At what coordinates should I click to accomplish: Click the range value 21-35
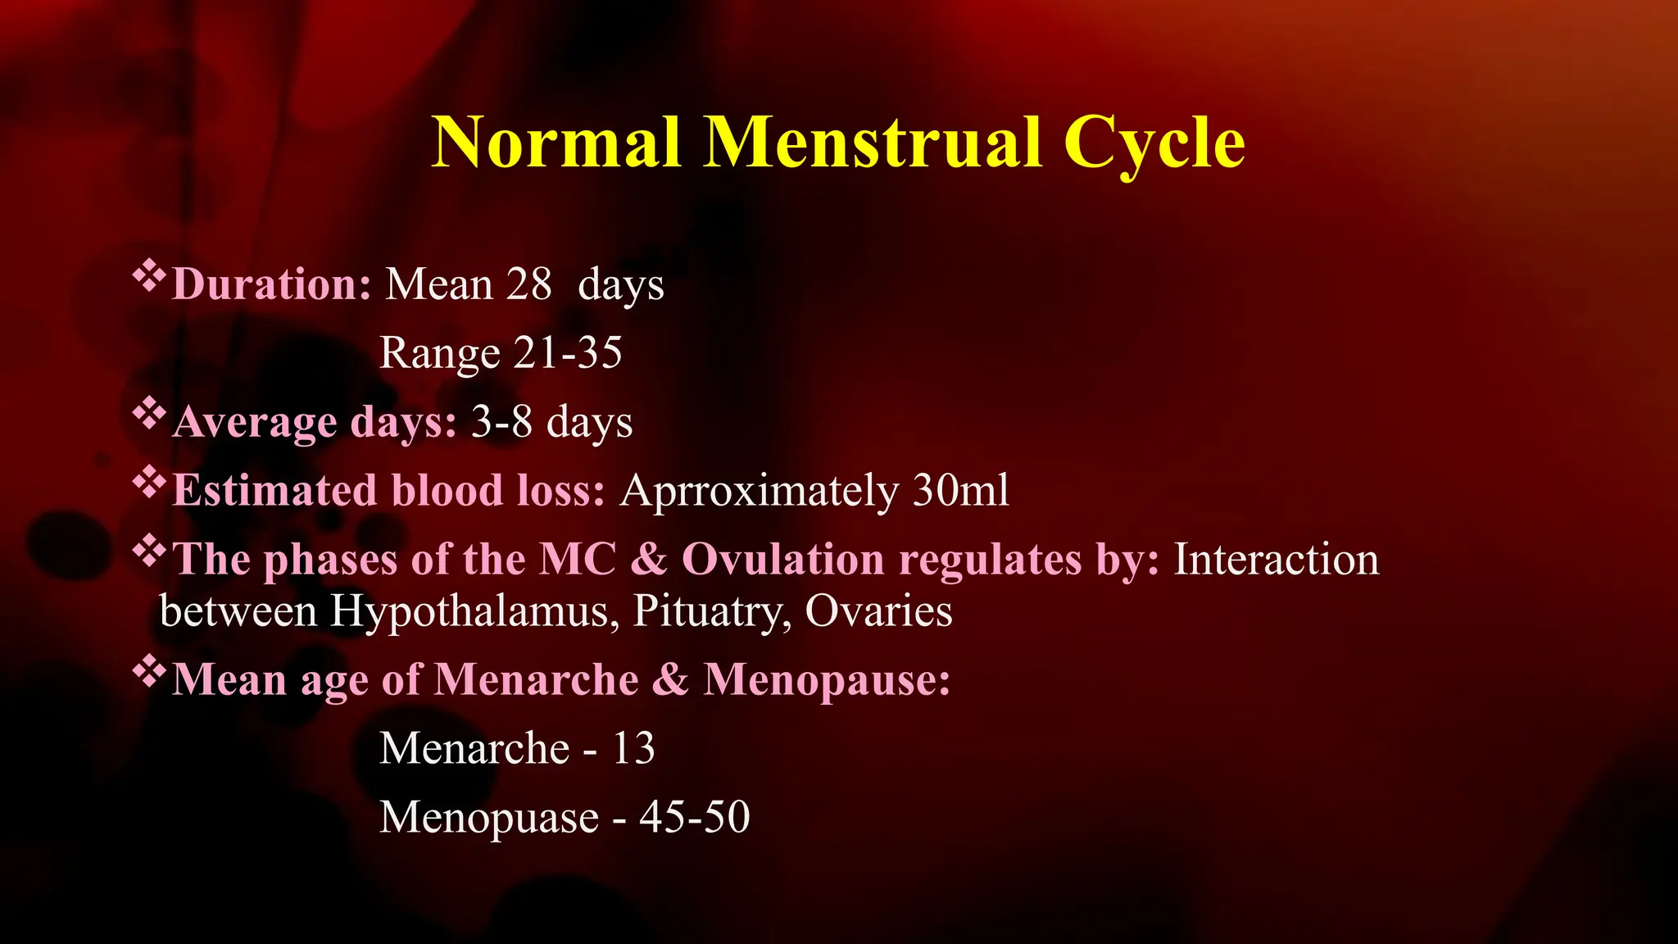(x=568, y=354)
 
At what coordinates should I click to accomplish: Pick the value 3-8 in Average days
(x=501, y=423)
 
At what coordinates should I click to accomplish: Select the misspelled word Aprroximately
(x=759, y=492)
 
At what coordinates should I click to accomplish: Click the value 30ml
(x=960, y=492)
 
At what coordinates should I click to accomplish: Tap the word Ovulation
(x=782, y=560)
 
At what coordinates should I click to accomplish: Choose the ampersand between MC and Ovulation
(x=649, y=560)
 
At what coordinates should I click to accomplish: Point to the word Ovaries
(x=878, y=612)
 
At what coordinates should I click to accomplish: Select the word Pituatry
(x=711, y=612)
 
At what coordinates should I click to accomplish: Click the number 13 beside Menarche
(x=633, y=749)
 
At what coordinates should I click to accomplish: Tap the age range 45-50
(x=694, y=818)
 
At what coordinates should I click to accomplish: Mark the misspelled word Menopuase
(x=489, y=818)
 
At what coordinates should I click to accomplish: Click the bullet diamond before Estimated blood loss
(x=149, y=484)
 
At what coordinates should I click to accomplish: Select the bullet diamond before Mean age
(x=149, y=673)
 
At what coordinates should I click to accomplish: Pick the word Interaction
(x=1276, y=560)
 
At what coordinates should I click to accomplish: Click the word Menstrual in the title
(x=873, y=143)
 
